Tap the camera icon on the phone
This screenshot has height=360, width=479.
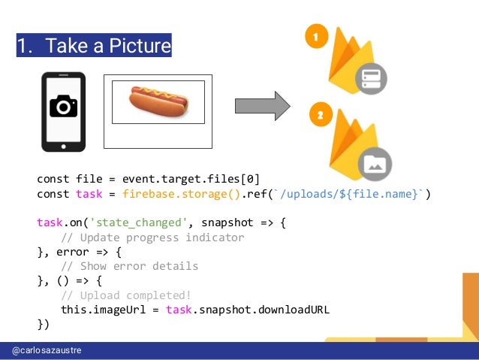click(x=63, y=107)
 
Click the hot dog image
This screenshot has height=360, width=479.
click(x=158, y=101)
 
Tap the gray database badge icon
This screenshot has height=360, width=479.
click(x=372, y=78)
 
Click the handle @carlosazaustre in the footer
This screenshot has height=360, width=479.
click(x=47, y=351)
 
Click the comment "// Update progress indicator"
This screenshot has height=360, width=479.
click(x=152, y=237)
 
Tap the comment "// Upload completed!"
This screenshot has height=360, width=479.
click(x=126, y=295)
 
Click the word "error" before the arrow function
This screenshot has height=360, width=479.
click(x=74, y=252)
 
